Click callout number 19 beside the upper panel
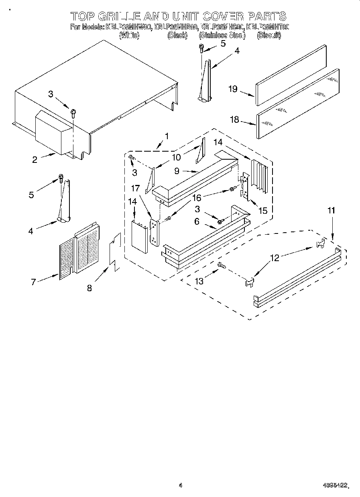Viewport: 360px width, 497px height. [x=233, y=89]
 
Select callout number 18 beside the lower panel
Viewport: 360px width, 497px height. [x=234, y=119]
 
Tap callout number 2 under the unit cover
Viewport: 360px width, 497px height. [x=35, y=160]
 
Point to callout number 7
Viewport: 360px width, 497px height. [x=34, y=282]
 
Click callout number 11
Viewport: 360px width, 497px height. [x=332, y=210]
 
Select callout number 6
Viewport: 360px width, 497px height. [x=197, y=221]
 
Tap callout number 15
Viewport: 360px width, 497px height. [x=263, y=210]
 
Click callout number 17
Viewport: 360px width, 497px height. [x=135, y=187]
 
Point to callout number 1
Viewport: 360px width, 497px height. [x=167, y=136]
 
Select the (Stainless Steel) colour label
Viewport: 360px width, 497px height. [x=222, y=35]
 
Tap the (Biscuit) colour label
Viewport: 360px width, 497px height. [x=268, y=35]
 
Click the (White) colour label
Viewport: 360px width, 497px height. [x=129, y=35]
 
